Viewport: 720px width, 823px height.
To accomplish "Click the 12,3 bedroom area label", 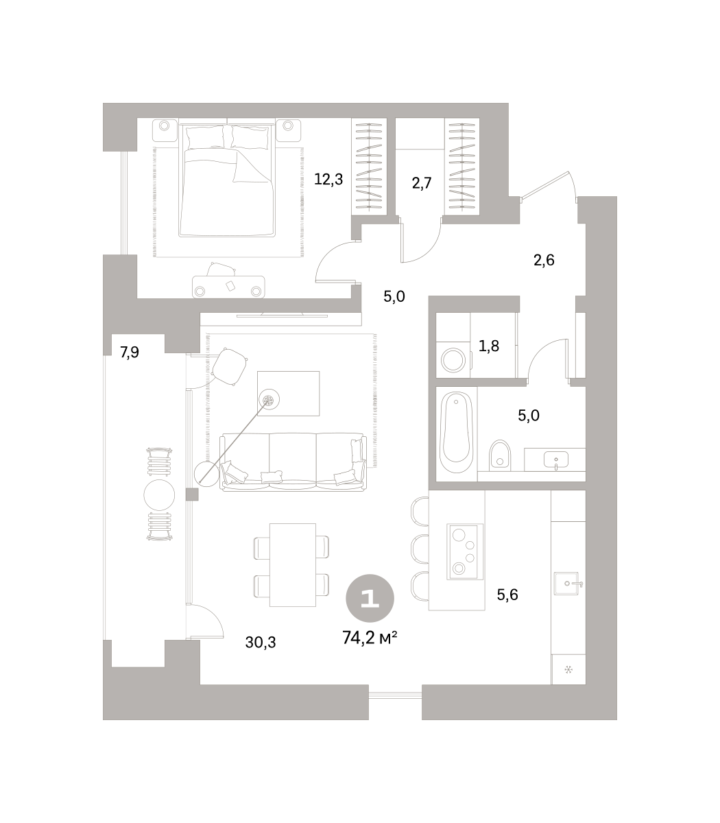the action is click(x=328, y=179).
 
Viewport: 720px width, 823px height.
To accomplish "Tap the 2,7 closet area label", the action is click(x=422, y=183).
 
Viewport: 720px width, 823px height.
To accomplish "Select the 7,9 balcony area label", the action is click(x=130, y=352).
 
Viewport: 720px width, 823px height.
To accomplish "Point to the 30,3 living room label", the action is click(x=261, y=643).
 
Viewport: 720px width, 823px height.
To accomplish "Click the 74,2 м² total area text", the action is click(x=370, y=638).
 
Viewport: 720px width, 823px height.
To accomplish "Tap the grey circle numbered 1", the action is click(x=370, y=599).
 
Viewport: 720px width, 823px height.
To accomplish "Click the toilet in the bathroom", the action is click(x=500, y=455).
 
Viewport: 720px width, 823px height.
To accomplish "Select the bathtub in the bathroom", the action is click(x=457, y=432).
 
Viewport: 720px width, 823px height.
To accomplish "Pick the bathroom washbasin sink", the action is click(x=556, y=459).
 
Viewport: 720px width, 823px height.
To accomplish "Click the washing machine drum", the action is click(x=453, y=359).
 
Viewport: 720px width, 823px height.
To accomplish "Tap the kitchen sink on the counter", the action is click(x=566, y=583).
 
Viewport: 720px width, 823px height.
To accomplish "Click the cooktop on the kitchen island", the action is click(x=465, y=551).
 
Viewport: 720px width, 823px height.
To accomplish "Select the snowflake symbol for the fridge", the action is click(x=568, y=670).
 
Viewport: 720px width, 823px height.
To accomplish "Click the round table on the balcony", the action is click(x=159, y=495).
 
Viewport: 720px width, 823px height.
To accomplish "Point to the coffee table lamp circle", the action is click(x=269, y=400).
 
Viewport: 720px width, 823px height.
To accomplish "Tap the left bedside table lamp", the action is click(x=164, y=126).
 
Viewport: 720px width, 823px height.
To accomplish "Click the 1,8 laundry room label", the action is click(x=489, y=346).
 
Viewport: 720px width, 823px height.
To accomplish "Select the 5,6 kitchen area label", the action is click(x=507, y=594).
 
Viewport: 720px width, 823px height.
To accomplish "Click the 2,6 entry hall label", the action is click(x=544, y=260).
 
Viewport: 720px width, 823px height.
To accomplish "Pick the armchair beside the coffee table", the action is click(x=229, y=366).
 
